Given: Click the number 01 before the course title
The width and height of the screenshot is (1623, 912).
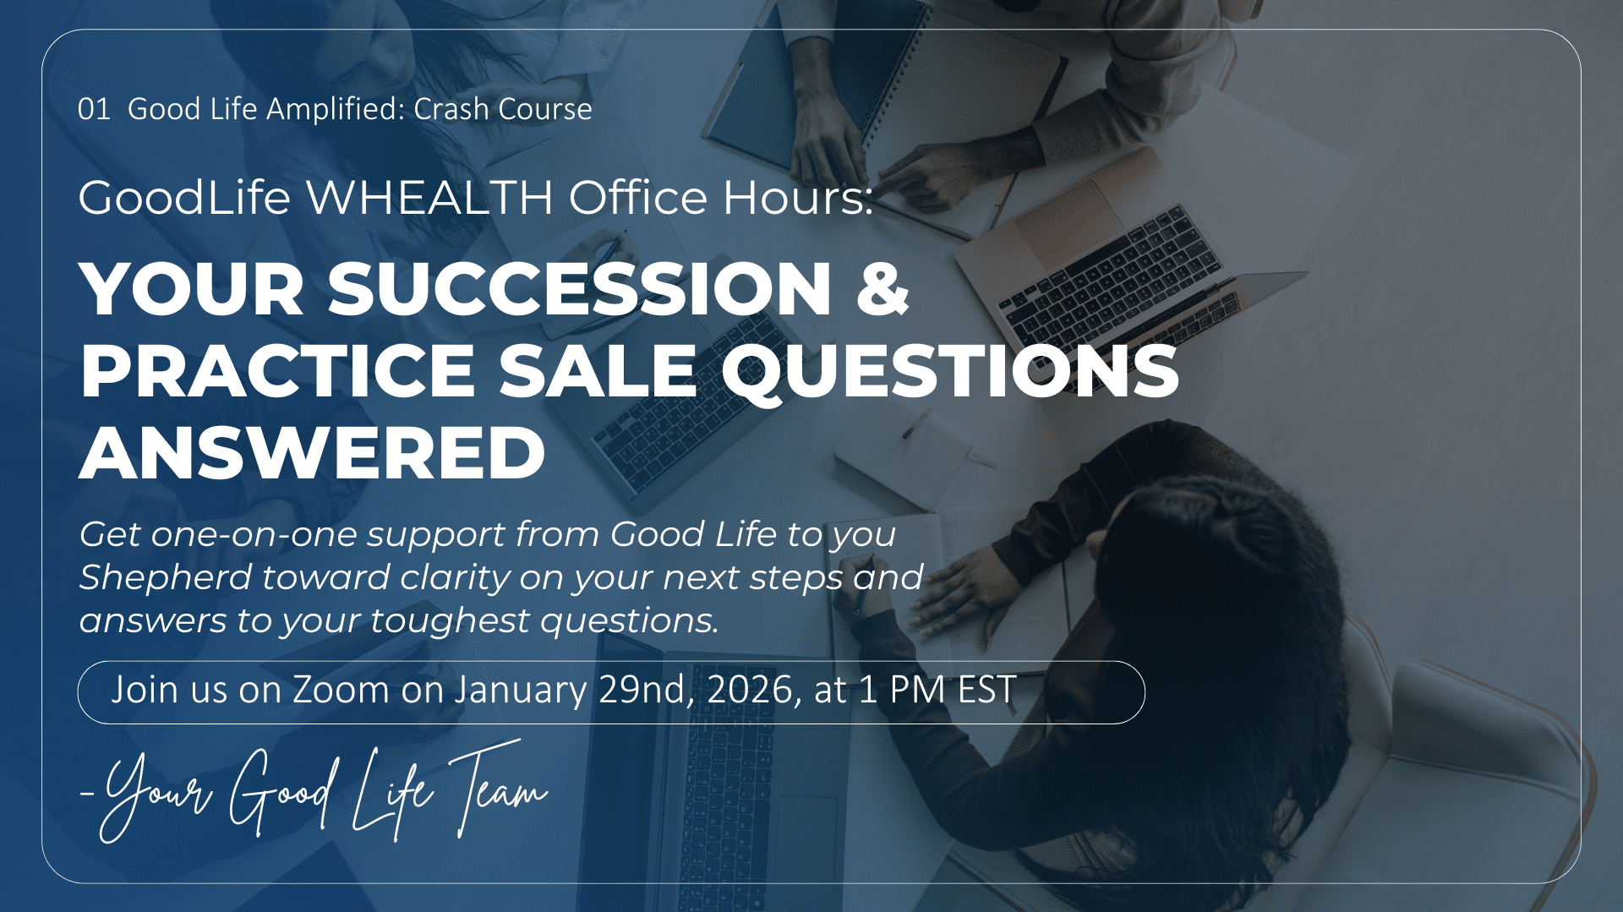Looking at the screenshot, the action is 94,109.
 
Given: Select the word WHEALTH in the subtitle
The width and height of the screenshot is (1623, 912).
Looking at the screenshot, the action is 429,197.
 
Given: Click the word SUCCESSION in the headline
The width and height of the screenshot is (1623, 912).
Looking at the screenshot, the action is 580,289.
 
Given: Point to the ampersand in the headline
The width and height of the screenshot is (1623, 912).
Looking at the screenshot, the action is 883,289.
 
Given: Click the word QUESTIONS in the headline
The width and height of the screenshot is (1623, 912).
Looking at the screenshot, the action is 950,372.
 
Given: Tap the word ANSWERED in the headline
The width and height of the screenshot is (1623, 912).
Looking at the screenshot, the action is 313,452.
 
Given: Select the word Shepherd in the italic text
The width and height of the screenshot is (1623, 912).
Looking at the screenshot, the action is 166,578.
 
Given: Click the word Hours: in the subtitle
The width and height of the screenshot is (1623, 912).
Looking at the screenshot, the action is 797,197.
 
